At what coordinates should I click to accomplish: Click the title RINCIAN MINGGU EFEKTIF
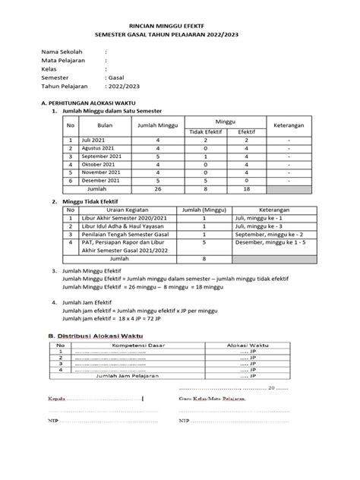pyautogui.click(x=179, y=24)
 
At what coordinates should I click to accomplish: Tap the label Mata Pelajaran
pyautogui.click(x=65, y=63)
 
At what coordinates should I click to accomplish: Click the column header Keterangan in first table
pyautogui.click(x=289, y=126)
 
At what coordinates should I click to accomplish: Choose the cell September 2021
pyautogui.click(x=100, y=156)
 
